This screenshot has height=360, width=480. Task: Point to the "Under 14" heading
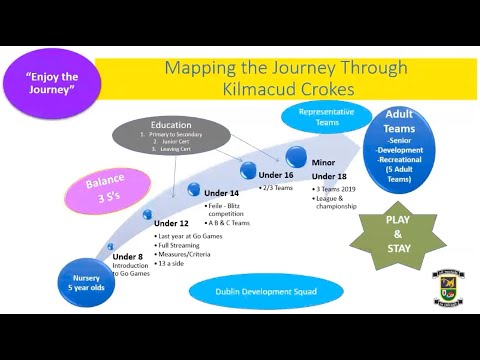tap(222, 192)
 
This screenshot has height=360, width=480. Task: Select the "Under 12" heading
tap(171, 223)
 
